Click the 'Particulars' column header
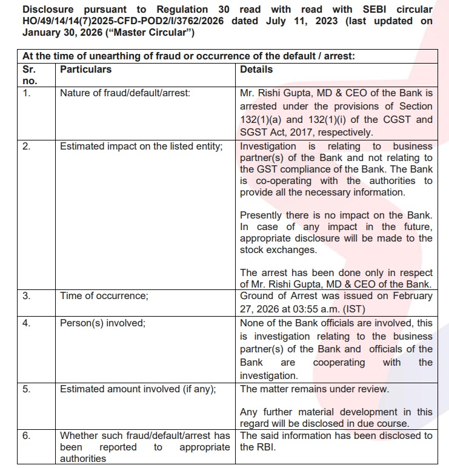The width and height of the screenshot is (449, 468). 85,69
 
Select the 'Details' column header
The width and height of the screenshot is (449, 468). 256,69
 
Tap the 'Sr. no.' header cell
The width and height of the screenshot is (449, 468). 30,74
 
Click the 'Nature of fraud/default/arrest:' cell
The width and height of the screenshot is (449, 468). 125,93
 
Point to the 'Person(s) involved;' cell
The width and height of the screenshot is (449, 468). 102,323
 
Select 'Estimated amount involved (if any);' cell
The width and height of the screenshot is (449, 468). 138,389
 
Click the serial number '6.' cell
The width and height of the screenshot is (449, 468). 27,435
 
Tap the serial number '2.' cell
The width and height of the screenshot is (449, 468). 27,146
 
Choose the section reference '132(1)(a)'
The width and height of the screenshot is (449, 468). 262,119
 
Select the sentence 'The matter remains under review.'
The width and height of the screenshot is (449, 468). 314,389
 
